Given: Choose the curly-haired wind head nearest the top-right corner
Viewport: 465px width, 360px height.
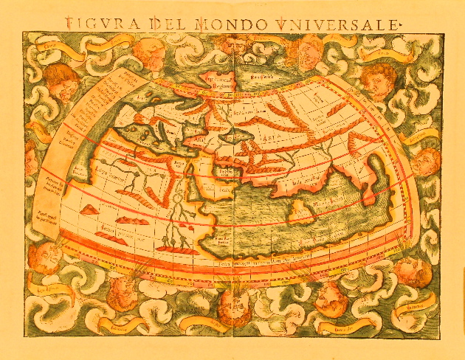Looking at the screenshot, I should [380, 80].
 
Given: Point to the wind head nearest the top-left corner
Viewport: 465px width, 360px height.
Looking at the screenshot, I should [59, 81].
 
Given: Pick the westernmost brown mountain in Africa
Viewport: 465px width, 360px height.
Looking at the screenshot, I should [89, 211].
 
